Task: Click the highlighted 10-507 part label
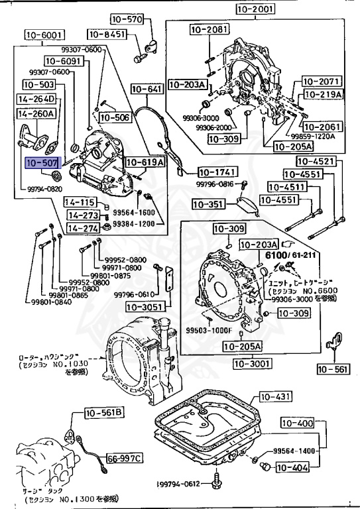click(x=42, y=161)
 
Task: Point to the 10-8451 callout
click(x=107, y=34)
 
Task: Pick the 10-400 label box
click(x=297, y=423)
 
